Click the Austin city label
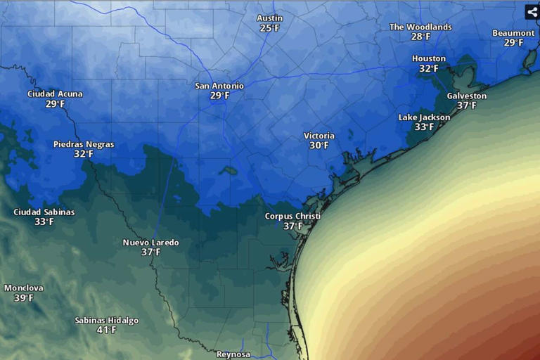pos(269,18)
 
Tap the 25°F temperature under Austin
pos(269,28)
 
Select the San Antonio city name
pos(219,86)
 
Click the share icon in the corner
pos(532,12)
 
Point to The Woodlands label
pos(420,27)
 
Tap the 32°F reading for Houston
pos(429,69)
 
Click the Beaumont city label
pos(513,33)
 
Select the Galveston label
pos(466,96)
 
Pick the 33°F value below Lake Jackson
pos(424,127)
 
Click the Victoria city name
pos(319,136)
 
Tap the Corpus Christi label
pos(292,216)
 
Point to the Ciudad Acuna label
pos(55,94)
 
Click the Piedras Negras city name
pos(84,144)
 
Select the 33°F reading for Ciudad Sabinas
pos(44,221)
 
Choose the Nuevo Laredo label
pos(150,243)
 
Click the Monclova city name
pos(23,288)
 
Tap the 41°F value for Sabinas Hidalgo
pos(107,330)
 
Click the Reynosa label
pos(233,354)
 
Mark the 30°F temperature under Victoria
pos(319,146)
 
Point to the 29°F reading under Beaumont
pos(513,43)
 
